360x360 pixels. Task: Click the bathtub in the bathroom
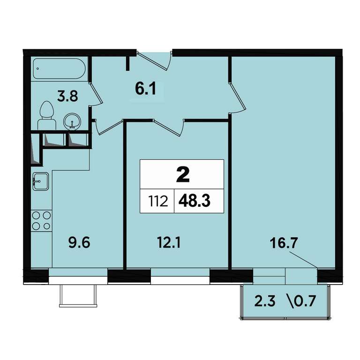pos(59,68)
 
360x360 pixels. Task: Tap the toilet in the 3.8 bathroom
pos(47,116)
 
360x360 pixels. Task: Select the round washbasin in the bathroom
pos(72,121)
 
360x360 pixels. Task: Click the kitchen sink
pos(41,181)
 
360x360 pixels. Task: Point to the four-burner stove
pos(41,221)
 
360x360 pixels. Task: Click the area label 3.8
pos(67,96)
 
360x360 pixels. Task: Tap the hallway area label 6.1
pos(146,89)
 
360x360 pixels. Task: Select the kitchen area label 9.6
pos(79,243)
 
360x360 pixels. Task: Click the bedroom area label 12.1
pos(169,242)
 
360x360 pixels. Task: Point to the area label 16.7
pos(284,243)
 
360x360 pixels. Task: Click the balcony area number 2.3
pos(265,301)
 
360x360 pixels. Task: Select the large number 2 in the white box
pos(183,174)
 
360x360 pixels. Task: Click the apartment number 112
pos(158,202)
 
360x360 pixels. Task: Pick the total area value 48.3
pos(194,201)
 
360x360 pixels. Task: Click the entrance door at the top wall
pos(154,60)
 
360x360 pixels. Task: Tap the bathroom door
pos(96,94)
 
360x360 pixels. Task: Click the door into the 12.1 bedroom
pos(169,127)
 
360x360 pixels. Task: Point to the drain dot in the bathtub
pos(37,68)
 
